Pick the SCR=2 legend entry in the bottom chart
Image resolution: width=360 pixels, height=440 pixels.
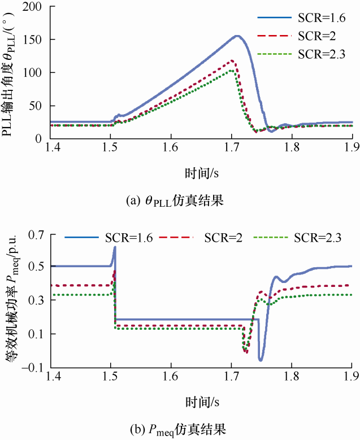click(223, 238)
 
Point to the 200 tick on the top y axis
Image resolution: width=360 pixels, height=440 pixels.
click(36, 7)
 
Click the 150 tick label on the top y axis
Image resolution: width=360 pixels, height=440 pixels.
click(36, 40)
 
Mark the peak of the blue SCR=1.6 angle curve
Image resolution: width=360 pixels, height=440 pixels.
click(237, 36)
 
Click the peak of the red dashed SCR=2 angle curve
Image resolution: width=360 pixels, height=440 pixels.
click(231, 61)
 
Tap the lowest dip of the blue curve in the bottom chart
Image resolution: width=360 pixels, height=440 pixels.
click(261, 359)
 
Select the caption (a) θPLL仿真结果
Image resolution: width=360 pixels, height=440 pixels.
click(180, 201)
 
